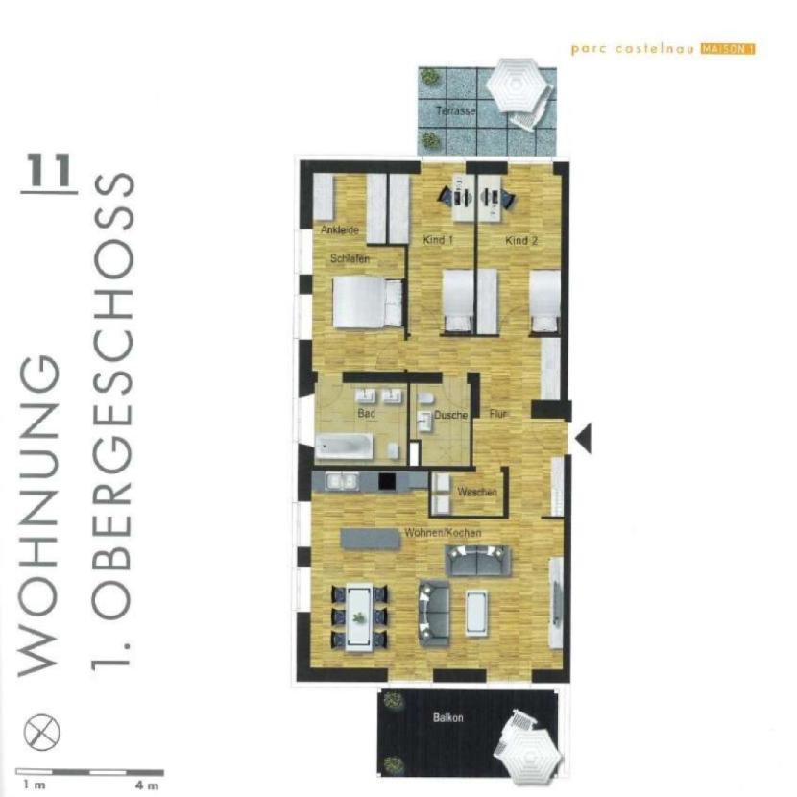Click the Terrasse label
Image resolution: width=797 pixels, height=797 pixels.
pos(456,111)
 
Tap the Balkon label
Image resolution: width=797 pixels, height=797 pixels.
pos(448,717)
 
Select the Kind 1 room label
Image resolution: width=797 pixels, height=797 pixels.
pos(438,240)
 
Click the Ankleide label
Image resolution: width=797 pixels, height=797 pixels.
pos(340,230)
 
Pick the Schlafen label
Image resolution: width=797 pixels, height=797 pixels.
pos(350,259)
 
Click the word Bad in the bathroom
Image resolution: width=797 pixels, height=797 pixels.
pos(366,415)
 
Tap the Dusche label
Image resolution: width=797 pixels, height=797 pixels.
pos(450,416)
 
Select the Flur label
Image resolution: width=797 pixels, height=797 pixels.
pos(497,415)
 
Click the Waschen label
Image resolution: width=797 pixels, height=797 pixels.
pos(477,492)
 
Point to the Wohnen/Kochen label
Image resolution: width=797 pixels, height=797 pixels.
pos(443,532)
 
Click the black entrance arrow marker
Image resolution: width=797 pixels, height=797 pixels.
pos(583,438)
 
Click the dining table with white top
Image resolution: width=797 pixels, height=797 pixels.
pos(359,616)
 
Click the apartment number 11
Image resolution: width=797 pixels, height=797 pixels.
pos(50,171)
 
